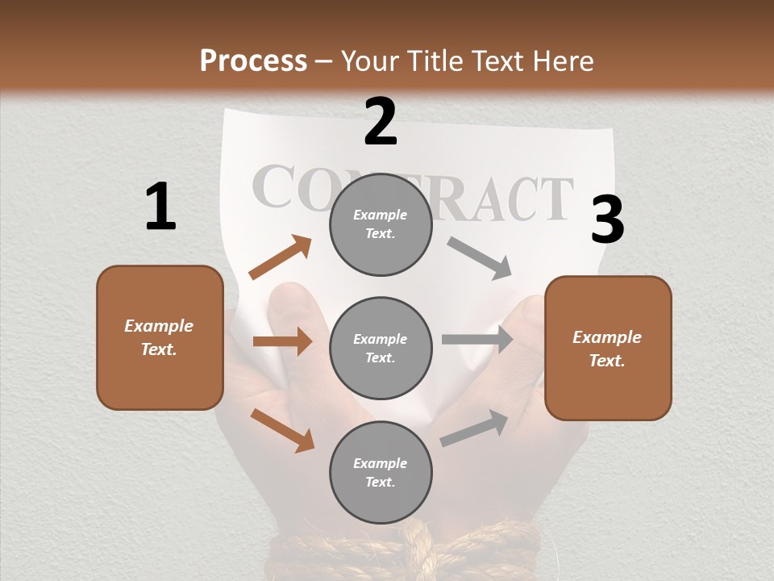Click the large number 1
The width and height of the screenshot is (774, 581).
click(160, 207)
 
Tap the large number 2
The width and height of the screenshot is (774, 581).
click(381, 122)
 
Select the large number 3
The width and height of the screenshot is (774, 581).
click(607, 220)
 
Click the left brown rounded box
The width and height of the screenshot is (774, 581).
click(160, 337)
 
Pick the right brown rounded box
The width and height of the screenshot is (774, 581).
click(608, 348)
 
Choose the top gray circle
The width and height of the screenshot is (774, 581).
click(381, 224)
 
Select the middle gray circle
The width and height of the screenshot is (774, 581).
click(381, 348)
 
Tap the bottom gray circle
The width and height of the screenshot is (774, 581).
click(381, 472)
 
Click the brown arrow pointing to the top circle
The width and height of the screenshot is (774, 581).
click(281, 257)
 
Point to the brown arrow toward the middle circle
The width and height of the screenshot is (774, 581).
click(282, 341)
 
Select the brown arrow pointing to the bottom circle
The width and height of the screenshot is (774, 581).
click(282, 429)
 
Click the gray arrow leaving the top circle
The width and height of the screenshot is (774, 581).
click(480, 257)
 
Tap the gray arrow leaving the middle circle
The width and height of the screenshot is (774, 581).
click(477, 340)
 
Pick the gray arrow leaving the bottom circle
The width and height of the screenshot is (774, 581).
click(474, 428)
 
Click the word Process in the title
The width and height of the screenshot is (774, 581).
click(253, 61)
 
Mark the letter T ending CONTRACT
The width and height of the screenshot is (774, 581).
click(554, 199)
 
